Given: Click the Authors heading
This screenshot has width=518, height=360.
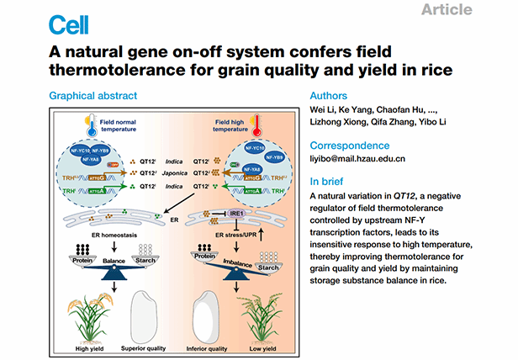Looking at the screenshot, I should point(330,96).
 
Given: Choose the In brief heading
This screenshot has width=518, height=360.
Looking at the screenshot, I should point(330,181).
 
